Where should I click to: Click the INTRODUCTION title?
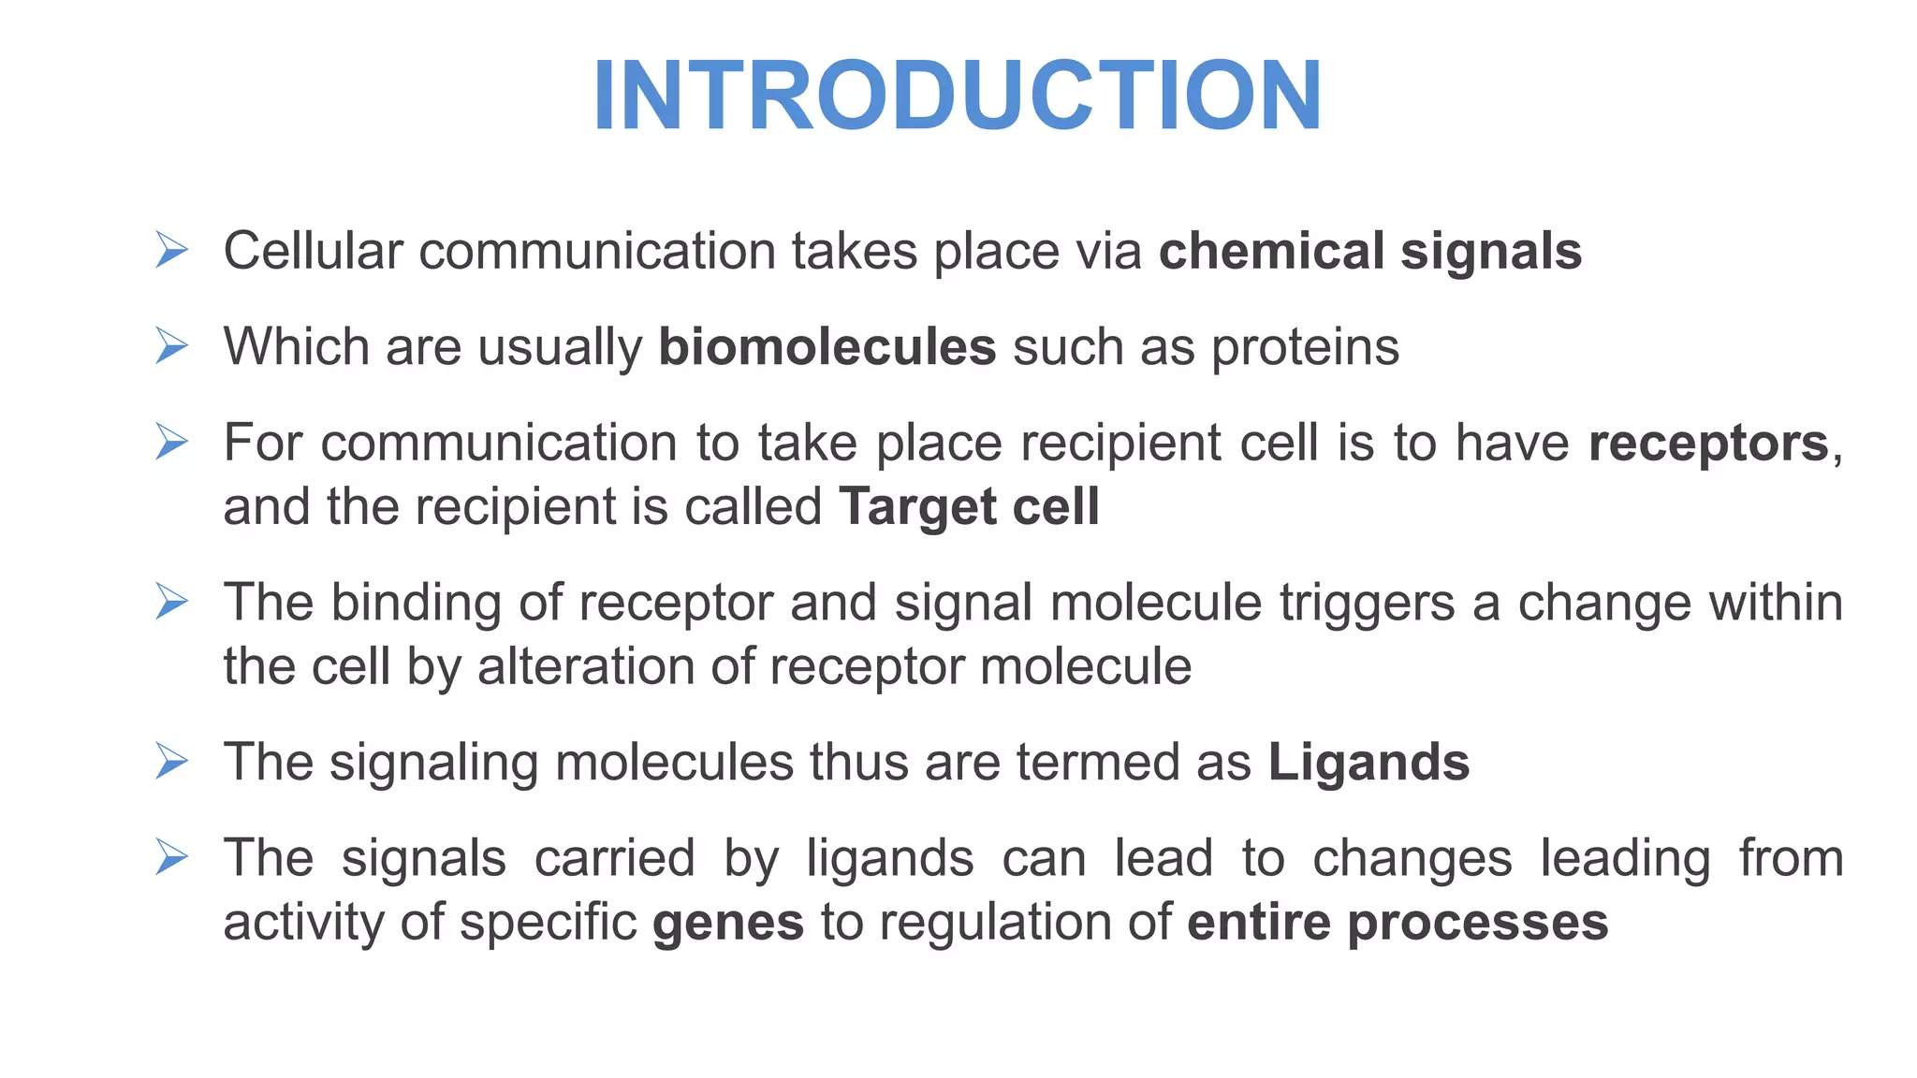pos(957,95)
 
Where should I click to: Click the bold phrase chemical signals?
pos(1369,252)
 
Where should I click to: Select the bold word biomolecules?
pos(827,347)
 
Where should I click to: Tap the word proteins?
pos(1305,348)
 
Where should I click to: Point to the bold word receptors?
pos(1708,443)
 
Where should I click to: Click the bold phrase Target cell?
pos(969,507)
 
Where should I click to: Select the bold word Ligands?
pos(1368,763)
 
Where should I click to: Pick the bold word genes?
pos(728,924)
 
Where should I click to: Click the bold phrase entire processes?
pos(1398,923)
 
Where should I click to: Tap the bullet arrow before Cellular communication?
pos(172,250)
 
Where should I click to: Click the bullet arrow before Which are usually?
pos(172,345)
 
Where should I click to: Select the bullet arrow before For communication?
pos(172,441)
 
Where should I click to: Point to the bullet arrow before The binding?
pos(172,601)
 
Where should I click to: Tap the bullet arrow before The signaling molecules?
pos(172,761)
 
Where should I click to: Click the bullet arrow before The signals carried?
pos(172,856)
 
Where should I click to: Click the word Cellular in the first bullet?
pos(313,252)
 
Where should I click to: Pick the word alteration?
pos(585,667)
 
